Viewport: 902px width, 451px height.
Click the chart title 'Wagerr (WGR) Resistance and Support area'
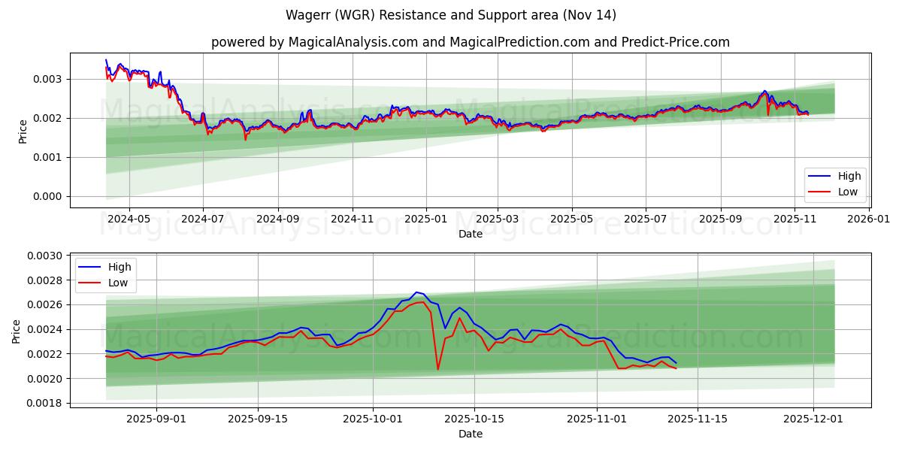pyautogui.click(x=451, y=15)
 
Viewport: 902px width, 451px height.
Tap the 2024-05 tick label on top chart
pyautogui.click(x=129, y=219)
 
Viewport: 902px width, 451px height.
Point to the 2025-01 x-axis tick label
pyautogui.click(x=425, y=219)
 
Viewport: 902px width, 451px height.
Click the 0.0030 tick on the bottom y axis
pyautogui.click(x=45, y=256)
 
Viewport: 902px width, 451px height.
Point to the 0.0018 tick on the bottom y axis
pyautogui.click(x=45, y=403)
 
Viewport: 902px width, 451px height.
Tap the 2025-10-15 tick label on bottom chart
pyautogui.click(x=474, y=419)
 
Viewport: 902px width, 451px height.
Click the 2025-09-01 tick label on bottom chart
pyautogui.click(x=156, y=419)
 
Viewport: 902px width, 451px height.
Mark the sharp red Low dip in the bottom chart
pyautogui.click(x=438, y=369)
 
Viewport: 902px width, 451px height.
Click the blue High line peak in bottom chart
pyautogui.click(x=416, y=292)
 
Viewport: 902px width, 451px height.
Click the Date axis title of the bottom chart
pyautogui.click(x=471, y=434)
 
